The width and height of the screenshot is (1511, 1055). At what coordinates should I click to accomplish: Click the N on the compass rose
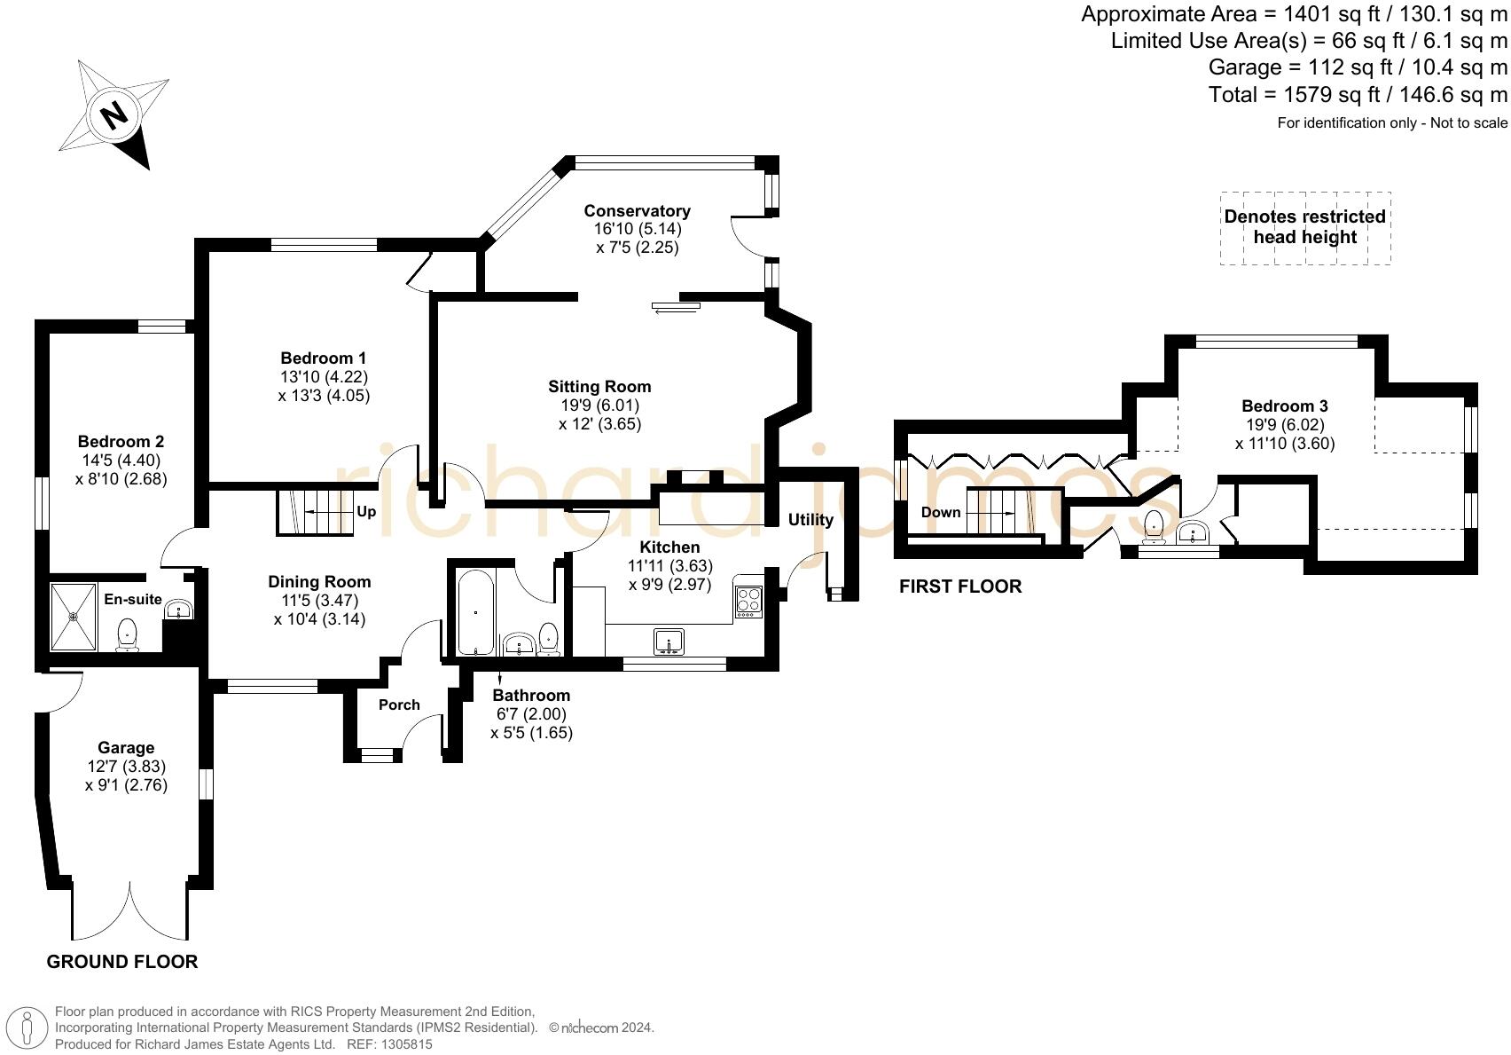click(113, 115)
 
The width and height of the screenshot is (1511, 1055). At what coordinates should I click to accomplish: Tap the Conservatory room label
click(637, 211)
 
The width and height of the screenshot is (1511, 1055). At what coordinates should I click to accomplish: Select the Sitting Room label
click(599, 387)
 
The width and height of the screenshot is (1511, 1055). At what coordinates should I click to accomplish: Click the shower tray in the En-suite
click(74, 616)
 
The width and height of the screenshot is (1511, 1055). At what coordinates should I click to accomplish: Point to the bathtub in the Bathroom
click(476, 613)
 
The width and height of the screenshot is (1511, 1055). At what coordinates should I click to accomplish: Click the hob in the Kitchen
click(748, 602)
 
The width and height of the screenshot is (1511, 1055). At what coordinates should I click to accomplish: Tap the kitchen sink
click(669, 641)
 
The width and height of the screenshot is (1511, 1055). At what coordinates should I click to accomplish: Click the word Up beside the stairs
click(366, 512)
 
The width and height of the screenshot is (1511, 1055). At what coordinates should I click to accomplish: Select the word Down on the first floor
click(941, 513)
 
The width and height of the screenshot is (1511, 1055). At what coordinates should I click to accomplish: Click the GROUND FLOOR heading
click(122, 962)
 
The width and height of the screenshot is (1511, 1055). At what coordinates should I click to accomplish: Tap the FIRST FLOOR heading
click(960, 587)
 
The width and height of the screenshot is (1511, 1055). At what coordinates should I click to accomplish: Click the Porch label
click(399, 705)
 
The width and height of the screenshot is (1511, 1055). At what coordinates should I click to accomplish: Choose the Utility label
click(810, 520)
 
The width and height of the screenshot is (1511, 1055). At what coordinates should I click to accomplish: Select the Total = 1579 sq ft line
click(1358, 95)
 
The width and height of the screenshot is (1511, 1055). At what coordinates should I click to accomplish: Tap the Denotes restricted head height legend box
click(1304, 228)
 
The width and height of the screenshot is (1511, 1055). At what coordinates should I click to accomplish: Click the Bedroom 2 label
click(121, 442)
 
